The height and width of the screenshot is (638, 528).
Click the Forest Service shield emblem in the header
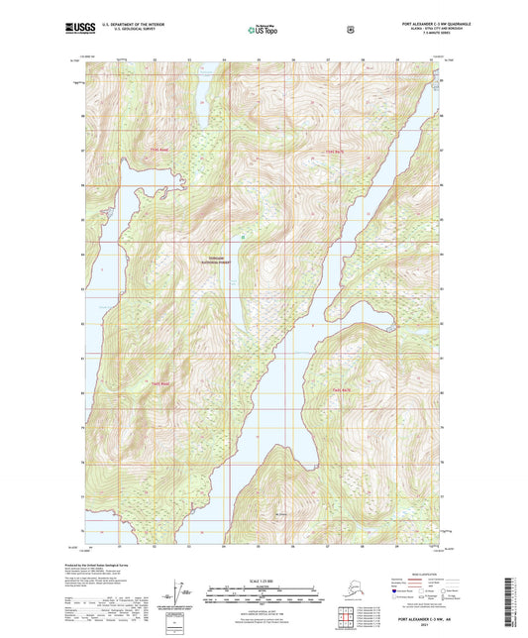350,30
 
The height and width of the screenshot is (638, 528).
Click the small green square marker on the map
242,236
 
